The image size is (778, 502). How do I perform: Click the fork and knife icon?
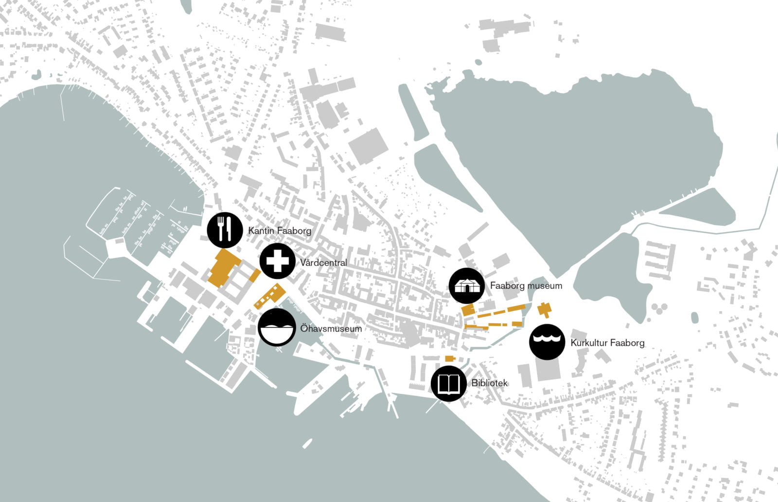click(x=225, y=230)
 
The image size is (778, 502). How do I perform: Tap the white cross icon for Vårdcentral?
click(x=277, y=261)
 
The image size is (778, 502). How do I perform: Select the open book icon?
click(x=448, y=384)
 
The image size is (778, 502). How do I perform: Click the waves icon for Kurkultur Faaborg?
click(x=547, y=342)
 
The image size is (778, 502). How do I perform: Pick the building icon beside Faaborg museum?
click(x=467, y=286)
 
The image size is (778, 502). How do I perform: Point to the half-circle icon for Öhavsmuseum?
click(x=277, y=328)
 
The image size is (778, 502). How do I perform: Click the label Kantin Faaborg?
click(x=280, y=231)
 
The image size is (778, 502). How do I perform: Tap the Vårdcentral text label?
click(x=323, y=263)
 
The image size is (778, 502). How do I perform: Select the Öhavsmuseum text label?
click(x=331, y=329)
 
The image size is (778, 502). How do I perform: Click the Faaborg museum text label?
click(x=526, y=286)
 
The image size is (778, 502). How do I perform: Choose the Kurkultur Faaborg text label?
click(x=607, y=343)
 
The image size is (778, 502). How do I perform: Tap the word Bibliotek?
click(x=489, y=383)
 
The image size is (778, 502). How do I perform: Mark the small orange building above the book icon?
click(x=450, y=359)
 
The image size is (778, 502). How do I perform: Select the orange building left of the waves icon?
click(x=544, y=309)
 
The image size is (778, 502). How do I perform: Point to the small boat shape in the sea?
click(x=307, y=444)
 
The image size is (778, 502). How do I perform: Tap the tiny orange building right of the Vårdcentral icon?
click(x=255, y=275)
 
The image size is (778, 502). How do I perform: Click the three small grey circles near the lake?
click(x=658, y=309)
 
